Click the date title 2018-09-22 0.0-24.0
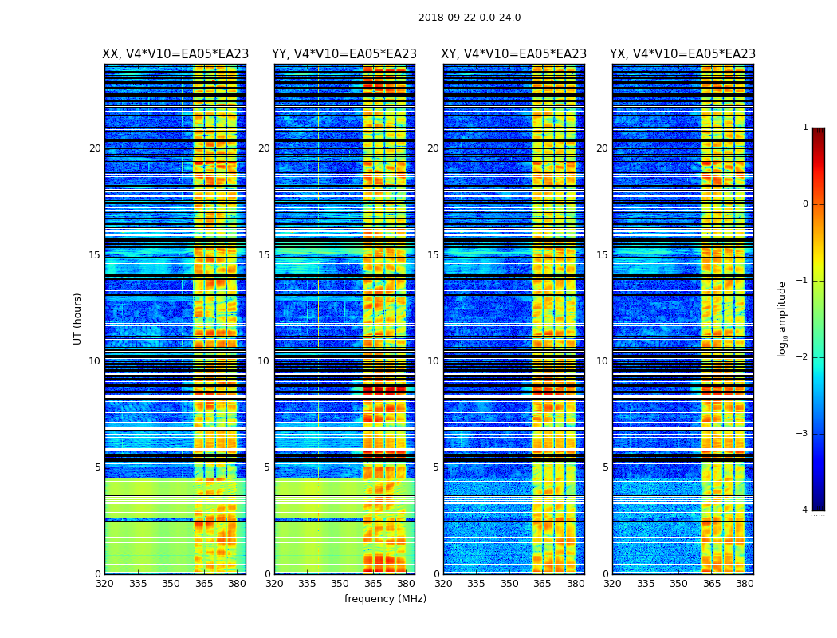[470, 18]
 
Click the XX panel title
[175, 54]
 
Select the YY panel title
[344, 54]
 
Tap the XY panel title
[514, 54]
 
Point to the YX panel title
[682, 54]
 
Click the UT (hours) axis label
[78, 318]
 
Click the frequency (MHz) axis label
[385, 599]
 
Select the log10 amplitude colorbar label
[783, 318]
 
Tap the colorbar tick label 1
[805, 128]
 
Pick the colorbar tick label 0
[805, 204]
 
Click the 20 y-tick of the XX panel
[95, 148]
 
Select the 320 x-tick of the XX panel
[104, 584]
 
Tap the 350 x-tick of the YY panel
[340, 584]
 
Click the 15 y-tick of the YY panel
[264, 255]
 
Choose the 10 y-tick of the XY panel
[433, 361]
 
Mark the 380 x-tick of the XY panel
[576, 584]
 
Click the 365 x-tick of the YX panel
[712, 584]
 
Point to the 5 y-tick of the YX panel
[605, 467]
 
